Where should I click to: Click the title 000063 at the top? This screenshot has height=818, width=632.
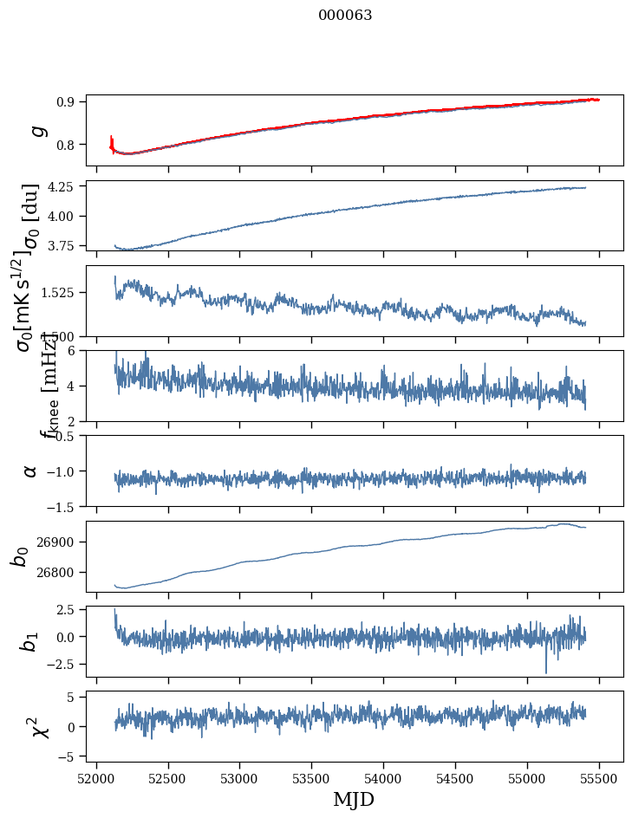345,16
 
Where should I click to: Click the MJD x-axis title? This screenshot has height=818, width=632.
354,799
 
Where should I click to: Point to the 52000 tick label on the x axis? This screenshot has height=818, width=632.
96,777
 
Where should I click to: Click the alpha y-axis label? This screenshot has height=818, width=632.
30,471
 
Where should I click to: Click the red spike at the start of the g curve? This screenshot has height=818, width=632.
112,142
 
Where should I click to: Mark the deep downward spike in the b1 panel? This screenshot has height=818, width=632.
546,670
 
